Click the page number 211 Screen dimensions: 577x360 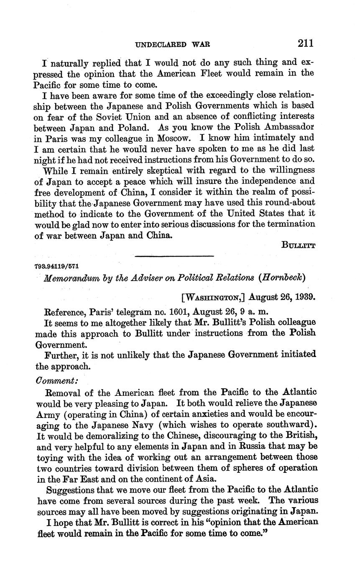pyautogui.click(x=306, y=43)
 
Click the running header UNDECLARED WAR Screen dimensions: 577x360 pyautogui.click(x=173, y=44)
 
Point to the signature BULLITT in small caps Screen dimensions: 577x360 pyautogui.click(x=298, y=246)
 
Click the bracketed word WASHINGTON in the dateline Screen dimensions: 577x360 pyautogui.click(x=213, y=298)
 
